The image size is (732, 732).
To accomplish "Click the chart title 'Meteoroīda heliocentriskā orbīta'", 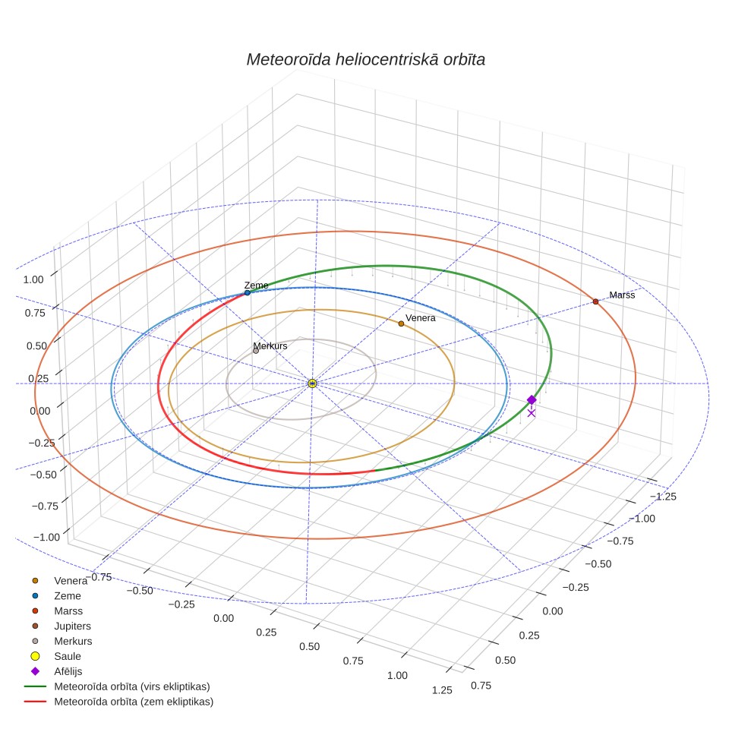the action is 365,60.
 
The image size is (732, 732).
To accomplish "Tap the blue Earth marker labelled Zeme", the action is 248,292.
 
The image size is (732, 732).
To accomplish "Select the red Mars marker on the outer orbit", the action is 595,301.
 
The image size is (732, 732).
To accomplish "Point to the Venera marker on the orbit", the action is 401,323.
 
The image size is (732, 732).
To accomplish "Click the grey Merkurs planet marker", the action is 256,351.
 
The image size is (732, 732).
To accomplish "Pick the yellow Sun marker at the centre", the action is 312,383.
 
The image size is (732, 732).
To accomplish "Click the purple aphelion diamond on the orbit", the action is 532,399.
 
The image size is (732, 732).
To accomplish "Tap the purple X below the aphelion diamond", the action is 532,413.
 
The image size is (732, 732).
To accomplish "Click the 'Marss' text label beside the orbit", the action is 622,295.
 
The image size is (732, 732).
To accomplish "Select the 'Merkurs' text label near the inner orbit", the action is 270,346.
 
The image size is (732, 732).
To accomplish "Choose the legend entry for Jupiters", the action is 72,626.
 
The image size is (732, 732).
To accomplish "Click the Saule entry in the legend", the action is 68,656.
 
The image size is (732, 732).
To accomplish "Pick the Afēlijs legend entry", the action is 68,671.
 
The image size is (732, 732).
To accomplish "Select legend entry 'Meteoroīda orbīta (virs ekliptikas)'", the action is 132,686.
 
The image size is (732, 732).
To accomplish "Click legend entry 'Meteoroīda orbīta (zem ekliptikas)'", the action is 134,702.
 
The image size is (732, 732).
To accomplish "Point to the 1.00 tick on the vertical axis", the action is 33,279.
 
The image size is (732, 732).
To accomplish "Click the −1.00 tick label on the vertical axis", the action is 46,538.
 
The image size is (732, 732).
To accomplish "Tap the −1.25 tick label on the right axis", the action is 663,497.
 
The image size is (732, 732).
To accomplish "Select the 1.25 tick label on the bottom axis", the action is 442,690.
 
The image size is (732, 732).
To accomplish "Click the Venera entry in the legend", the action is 71,581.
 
